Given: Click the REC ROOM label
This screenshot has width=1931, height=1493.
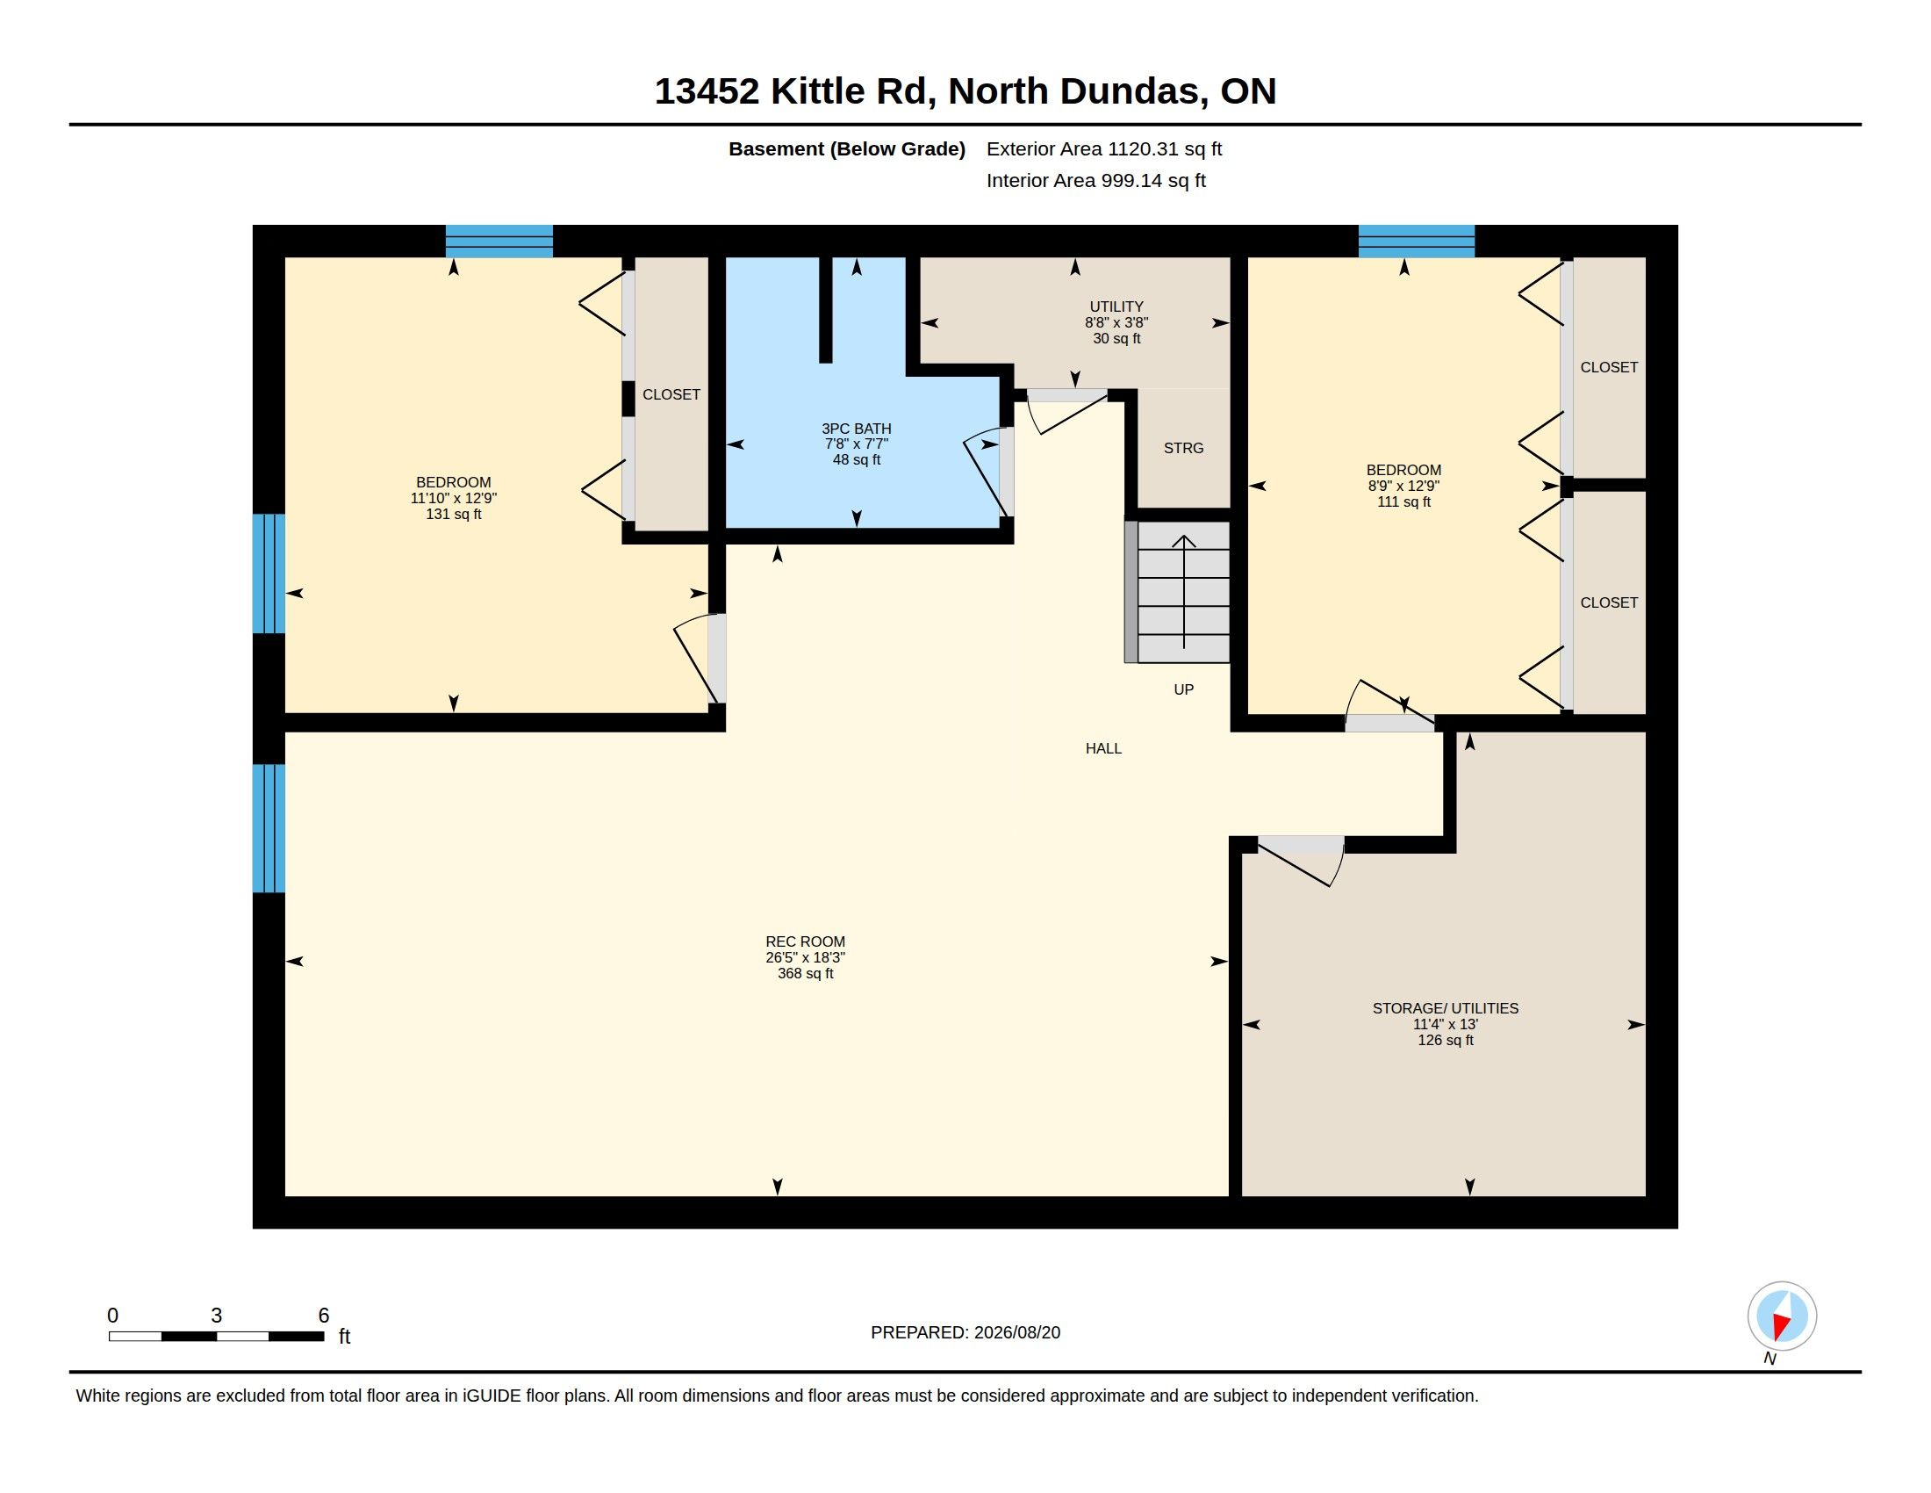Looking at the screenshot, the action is [x=805, y=942].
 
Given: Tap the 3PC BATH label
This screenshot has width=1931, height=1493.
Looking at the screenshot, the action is [x=856, y=429].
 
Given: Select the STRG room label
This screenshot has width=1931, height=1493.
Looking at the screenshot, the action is [x=1183, y=449].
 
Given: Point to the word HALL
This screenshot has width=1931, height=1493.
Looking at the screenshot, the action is [x=1103, y=748].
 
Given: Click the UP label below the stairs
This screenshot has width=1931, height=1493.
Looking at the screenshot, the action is [x=1183, y=690].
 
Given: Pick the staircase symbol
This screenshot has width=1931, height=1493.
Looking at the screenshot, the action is [x=1177, y=592].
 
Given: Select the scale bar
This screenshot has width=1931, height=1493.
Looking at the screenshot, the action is [x=216, y=1337].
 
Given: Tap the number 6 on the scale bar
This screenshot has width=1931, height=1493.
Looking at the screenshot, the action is [x=324, y=1316].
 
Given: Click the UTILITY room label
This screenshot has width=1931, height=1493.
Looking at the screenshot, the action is [x=1116, y=307].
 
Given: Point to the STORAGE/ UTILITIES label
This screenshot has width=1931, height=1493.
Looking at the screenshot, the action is [x=1445, y=1008].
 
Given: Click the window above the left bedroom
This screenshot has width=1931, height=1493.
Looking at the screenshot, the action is [x=499, y=242].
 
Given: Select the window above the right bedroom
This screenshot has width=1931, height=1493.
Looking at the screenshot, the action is [x=1417, y=242].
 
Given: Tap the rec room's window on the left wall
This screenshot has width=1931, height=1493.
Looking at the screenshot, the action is [x=269, y=829].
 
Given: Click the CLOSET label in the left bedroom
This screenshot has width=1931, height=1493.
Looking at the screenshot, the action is [x=671, y=394].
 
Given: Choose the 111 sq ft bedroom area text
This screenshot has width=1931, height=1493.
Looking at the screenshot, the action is [x=1403, y=502].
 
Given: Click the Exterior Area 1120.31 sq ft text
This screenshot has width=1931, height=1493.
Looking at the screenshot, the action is [x=1103, y=148].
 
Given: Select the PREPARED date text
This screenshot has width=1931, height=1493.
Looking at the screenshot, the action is [x=965, y=1333].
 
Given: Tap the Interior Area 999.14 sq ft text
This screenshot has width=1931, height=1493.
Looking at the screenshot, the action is [x=1095, y=180].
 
